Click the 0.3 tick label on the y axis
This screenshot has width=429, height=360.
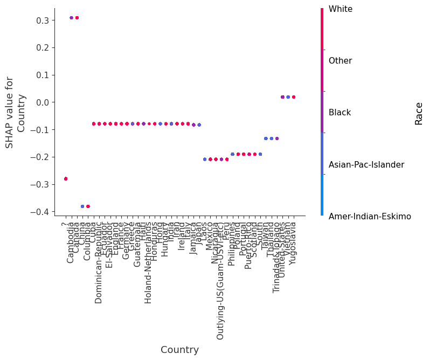pos(42,20)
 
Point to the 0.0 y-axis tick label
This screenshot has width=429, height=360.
pos(42,102)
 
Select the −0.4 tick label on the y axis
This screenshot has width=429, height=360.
pos(40,212)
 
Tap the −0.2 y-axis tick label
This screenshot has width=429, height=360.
pos(40,157)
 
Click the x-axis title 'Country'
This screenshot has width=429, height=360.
pos(179,350)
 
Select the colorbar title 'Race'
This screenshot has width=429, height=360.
pos(419,113)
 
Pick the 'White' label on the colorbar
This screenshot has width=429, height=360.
pos(340,9)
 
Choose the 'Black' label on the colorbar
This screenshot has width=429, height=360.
pos(340,113)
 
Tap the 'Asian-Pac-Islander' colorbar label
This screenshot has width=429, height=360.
pos(366,165)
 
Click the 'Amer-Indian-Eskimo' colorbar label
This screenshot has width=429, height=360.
pos(370,217)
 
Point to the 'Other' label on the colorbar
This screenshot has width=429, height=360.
pos(340,61)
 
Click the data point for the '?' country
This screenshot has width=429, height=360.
pos(66,178)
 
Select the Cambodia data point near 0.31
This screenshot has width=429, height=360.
pos(71,18)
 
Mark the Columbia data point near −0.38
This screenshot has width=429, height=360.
pos(88,206)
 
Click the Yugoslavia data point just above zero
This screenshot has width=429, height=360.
pos(293,97)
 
